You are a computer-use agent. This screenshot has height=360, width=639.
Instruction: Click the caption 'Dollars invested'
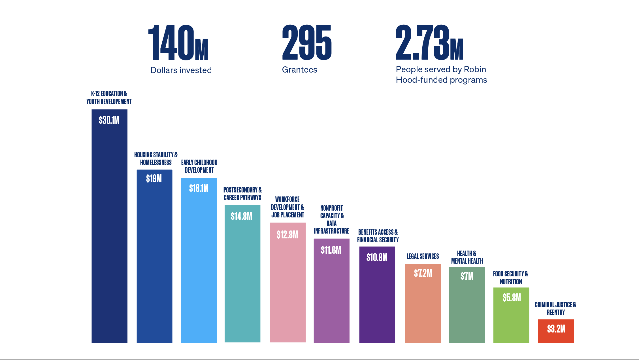[x=181, y=70]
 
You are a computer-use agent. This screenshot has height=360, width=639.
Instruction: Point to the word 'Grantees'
[x=300, y=69]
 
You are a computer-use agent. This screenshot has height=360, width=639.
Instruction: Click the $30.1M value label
[x=109, y=120]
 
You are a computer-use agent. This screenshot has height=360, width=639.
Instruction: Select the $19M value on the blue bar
[x=154, y=179]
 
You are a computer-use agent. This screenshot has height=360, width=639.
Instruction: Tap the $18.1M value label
[x=199, y=188]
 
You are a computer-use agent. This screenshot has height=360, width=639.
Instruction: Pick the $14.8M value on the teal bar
[x=242, y=216]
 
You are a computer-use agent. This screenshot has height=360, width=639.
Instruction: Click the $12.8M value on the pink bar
[x=287, y=235]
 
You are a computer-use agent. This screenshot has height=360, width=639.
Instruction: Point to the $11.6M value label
[x=331, y=250]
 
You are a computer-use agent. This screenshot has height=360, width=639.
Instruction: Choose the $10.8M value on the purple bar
[x=377, y=257]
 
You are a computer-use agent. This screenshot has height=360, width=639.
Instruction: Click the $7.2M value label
[x=423, y=273]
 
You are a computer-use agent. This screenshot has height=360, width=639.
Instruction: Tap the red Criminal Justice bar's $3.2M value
[x=556, y=329]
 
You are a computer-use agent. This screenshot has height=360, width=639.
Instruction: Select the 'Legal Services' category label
[x=423, y=256]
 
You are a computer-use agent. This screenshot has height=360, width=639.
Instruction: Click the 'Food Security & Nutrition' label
[x=511, y=278]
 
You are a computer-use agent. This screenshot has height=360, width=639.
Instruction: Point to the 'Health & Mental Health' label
[x=467, y=257]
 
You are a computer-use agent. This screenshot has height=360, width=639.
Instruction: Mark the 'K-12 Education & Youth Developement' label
[x=109, y=98]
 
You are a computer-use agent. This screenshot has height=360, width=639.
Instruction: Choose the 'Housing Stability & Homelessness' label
[x=156, y=158]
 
